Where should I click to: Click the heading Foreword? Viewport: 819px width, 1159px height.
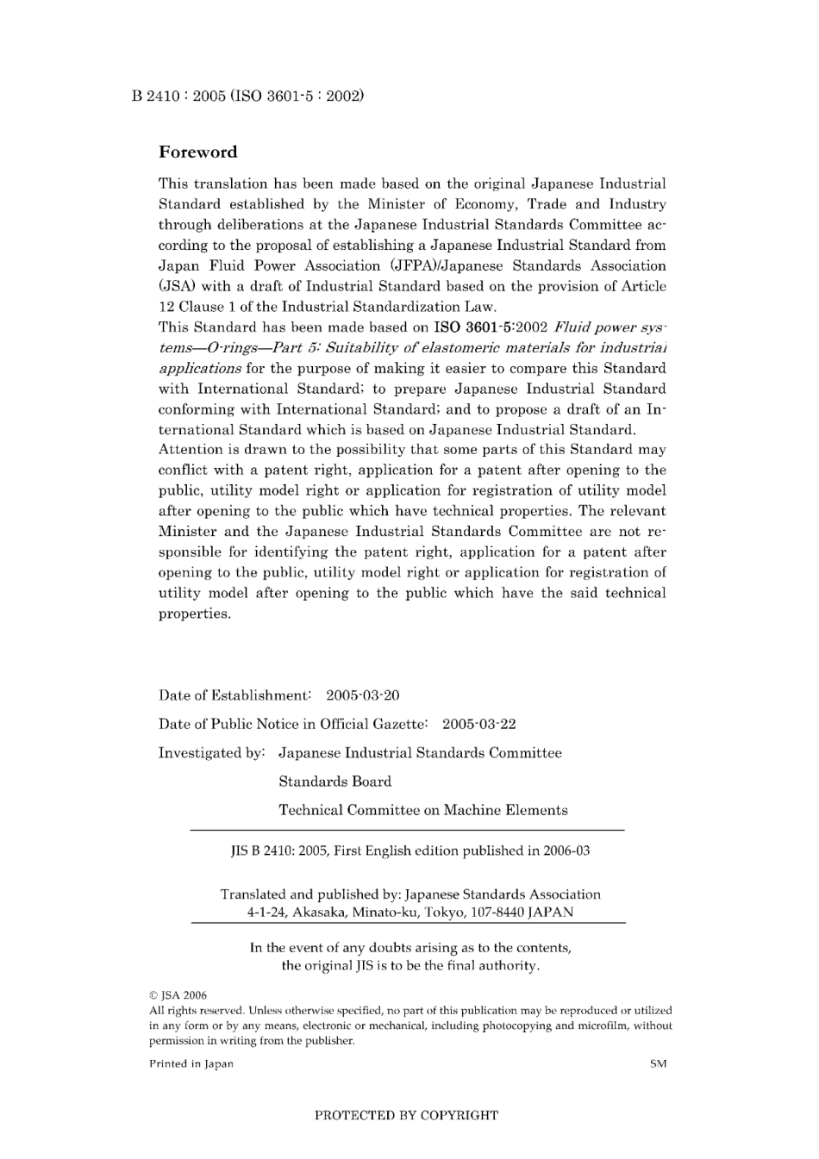(x=197, y=153)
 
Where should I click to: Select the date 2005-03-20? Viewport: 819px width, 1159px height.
(x=362, y=695)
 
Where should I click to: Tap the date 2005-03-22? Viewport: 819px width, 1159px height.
(x=478, y=724)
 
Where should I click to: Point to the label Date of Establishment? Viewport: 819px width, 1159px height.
(x=234, y=695)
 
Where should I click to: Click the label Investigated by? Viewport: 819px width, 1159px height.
(x=211, y=752)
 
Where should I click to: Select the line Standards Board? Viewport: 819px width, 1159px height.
(x=334, y=782)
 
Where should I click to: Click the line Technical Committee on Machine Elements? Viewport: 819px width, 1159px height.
(x=422, y=810)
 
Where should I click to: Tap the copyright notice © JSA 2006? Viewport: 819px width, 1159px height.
(x=178, y=995)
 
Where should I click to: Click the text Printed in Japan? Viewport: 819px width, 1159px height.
(x=191, y=1063)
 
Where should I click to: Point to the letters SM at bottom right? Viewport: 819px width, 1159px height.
(x=658, y=1063)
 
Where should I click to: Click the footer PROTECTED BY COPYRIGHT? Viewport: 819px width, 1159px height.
(x=406, y=1115)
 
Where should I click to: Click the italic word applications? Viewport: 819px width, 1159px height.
(x=199, y=368)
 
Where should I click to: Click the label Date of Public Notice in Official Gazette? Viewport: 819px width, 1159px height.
(x=293, y=724)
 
